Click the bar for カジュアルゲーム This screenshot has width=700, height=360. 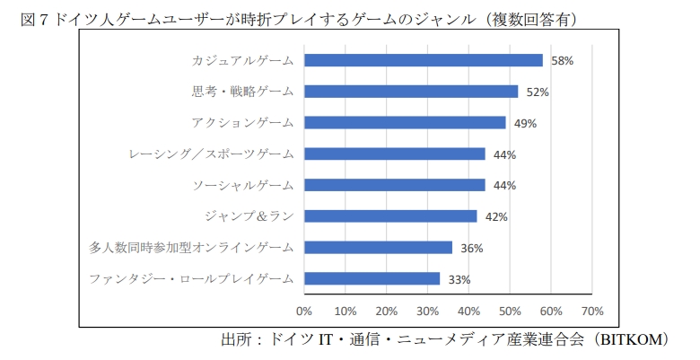click(x=423, y=60)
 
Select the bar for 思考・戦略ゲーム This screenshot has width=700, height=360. click(x=411, y=92)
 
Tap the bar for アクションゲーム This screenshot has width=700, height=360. click(x=405, y=122)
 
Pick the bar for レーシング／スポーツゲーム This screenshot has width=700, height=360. click(x=394, y=154)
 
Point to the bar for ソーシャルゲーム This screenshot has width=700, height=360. click(x=394, y=185)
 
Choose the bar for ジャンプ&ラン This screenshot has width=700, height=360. click(x=390, y=215)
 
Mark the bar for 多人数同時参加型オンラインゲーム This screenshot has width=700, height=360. click(x=378, y=247)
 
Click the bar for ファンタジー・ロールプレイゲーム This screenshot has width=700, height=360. click(x=372, y=278)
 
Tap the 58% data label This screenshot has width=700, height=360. click(x=562, y=61)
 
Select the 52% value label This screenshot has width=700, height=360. click(x=538, y=92)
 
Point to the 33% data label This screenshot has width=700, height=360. click(x=459, y=279)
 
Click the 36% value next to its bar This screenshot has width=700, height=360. click(x=472, y=248)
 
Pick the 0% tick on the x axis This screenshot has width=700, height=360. click(x=304, y=311)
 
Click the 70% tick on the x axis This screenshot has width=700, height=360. click(x=592, y=311)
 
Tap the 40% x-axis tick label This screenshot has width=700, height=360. click(x=468, y=311)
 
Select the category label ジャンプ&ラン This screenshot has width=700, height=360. click(x=255, y=215)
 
